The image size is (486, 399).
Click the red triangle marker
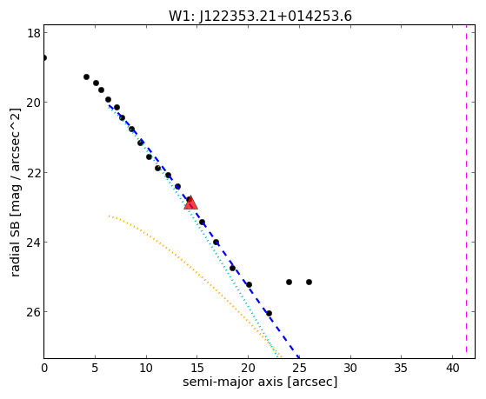[x=190, y=203]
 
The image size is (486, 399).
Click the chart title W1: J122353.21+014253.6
[x=260, y=17]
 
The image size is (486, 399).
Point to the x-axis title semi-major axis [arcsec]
[x=260, y=382]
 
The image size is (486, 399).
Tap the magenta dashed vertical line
[x=466, y=191]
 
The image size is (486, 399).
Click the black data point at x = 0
[x=44, y=57]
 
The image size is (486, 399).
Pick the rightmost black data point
[x=309, y=283]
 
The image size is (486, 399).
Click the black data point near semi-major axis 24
[x=289, y=283]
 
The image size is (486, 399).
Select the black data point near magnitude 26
[x=269, y=314]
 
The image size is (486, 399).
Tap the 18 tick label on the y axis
[x=33, y=32]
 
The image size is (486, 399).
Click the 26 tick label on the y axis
[x=33, y=312]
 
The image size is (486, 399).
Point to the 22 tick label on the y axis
[x=33, y=172]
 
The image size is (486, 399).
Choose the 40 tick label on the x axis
[x=452, y=369]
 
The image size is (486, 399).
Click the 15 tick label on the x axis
[x=196, y=369]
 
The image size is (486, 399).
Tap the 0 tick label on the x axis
[x=44, y=369]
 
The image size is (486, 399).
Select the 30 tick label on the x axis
[x=350, y=369]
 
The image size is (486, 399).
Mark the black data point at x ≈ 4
[x=86, y=76]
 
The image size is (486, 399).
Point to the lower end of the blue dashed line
[x=298, y=358]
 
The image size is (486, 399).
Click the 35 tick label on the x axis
[x=402, y=369]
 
